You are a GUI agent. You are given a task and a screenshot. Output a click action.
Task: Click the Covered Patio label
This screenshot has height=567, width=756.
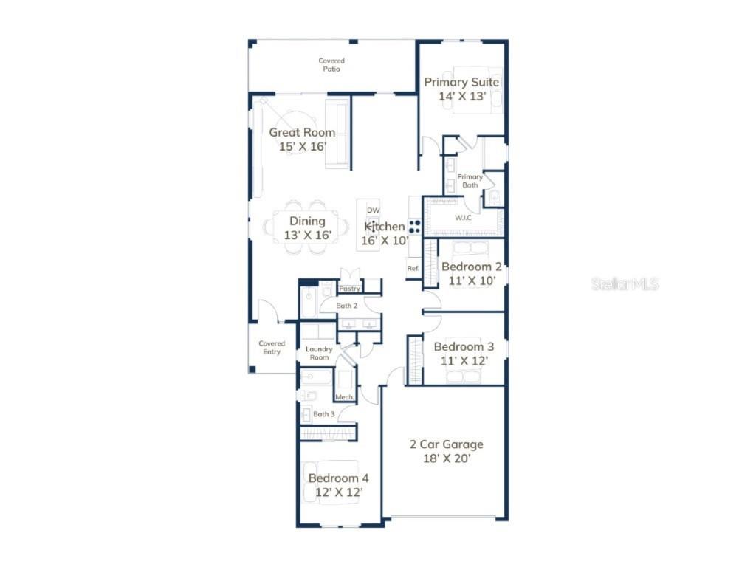click(x=331, y=65)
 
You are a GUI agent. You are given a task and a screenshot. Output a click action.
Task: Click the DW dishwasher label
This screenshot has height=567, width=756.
click(x=373, y=210)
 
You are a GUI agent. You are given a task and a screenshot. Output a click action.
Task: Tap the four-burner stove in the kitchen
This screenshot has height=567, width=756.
click(x=415, y=227)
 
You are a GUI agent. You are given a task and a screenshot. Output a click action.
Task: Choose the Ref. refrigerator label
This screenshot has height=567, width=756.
click(x=413, y=268)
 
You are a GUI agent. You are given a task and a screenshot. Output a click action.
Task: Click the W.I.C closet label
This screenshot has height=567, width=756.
click(x=463, y=217)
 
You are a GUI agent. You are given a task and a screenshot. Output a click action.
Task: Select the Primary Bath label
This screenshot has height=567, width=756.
click(x=470, y=181)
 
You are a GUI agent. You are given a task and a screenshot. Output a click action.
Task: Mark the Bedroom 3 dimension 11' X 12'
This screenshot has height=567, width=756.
click(x=464, y=360)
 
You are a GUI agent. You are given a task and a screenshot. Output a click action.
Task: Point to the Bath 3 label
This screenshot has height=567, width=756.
click(x=323, y=414)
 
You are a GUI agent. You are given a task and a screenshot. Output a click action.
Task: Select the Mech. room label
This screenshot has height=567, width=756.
click(x=345, y=397)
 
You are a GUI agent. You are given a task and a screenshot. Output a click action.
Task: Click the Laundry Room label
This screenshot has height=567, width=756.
click(x=319, y=353)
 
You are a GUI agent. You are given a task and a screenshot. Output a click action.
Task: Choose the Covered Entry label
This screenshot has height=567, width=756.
click(x=272, y=347)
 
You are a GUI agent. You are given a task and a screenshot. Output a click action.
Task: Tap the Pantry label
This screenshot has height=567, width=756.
click(x=350, y=289)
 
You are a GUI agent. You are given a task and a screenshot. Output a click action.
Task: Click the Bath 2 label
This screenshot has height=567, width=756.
click(x=346, y=305)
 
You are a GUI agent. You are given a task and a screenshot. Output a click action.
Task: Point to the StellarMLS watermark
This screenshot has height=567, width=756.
click(x=625, y=283)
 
